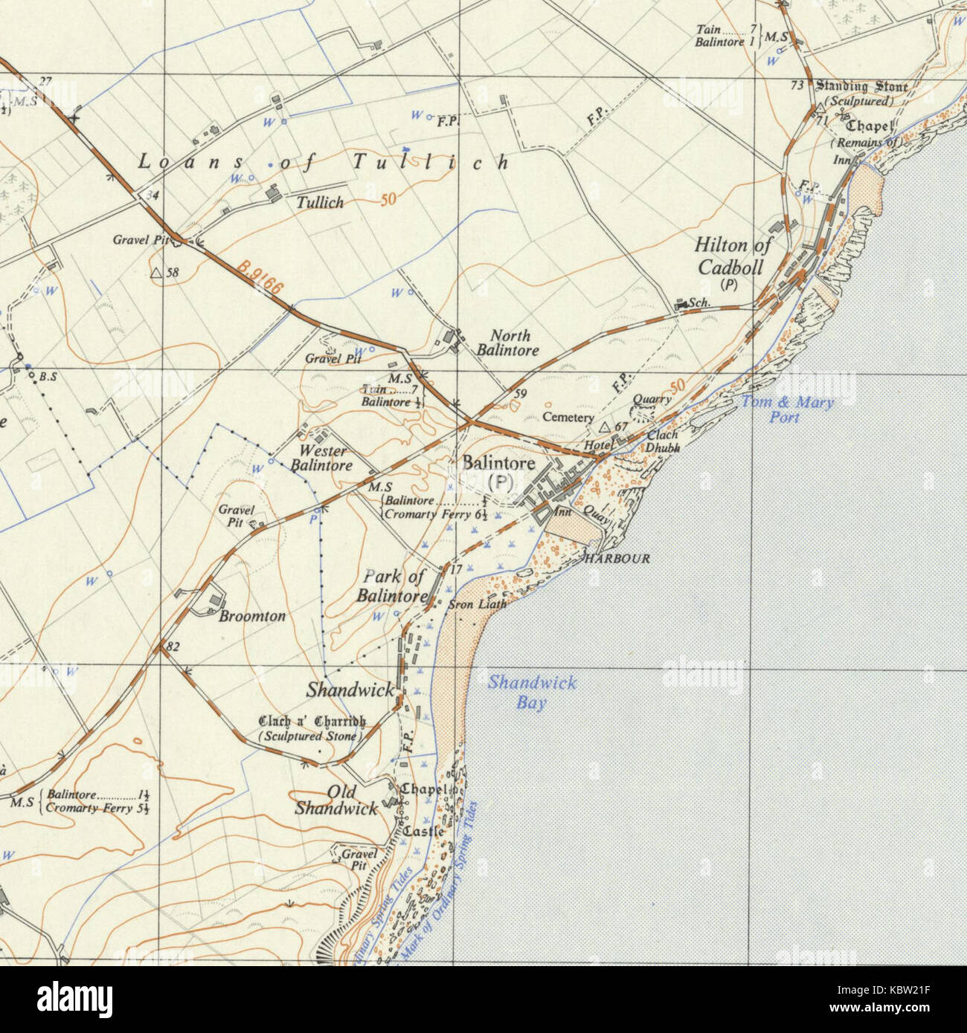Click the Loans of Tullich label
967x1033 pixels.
click(323, 162)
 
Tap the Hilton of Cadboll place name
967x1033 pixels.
click(732, 256)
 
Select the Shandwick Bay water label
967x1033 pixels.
click(531, 693)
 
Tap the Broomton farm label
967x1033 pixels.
click(252, 616)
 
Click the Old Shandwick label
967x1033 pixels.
click(336, 800)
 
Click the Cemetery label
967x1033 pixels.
click(568, 418)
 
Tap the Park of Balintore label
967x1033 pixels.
click(393, 586)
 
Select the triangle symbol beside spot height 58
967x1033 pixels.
click(156, 273)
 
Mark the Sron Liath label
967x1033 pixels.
click(477, 605)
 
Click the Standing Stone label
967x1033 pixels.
click(862, 86)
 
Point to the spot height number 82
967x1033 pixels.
click(173, 647)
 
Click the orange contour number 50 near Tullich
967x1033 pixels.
click(387, 200)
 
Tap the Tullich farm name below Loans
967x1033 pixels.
click(320, 202)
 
